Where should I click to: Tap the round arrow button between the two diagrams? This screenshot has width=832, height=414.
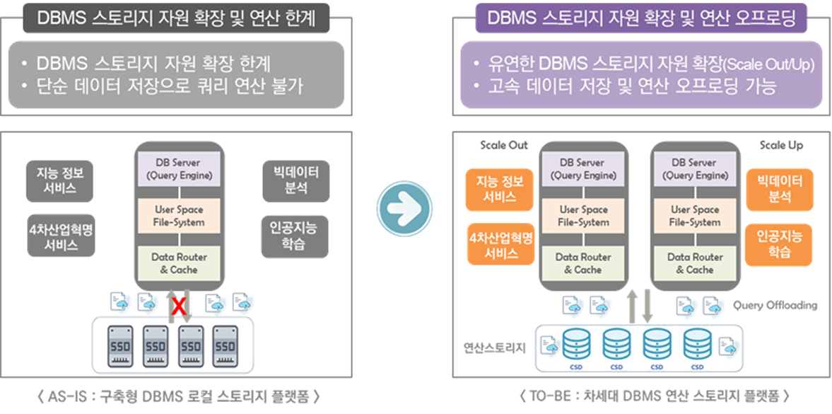click(x=404, y=210)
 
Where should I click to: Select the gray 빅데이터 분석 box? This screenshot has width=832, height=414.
click(x=295, y=180)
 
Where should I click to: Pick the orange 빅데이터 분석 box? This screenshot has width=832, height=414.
click(x=779, y=189)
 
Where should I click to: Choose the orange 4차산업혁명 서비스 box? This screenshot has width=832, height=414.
click(x=500, y=245)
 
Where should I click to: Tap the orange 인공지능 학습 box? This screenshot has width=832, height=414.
click(x=779, y=244)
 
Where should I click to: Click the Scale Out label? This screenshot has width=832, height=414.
click(x=503, y=145)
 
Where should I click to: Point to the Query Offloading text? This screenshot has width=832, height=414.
click(x=775, y=305)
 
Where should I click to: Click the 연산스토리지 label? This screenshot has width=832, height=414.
click(x=494, y=347)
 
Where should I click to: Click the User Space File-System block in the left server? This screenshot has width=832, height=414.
click(x=179, y=216)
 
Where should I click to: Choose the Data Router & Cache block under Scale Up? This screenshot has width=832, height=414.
click(x=694, y=263)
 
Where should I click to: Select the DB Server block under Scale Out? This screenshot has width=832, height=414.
click(x=583, y=168)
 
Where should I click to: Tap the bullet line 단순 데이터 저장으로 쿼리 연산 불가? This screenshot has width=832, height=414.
click(x=170, y=86)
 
